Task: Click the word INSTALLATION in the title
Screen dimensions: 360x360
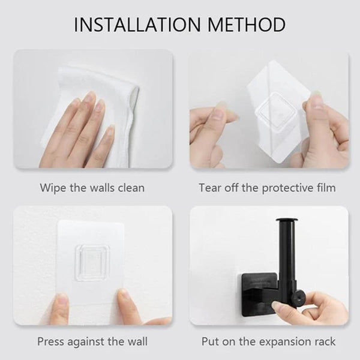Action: click(x=137, y=25)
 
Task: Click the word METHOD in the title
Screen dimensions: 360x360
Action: click(x=247, y=25)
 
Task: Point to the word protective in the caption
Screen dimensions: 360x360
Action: click(x=287, y=188)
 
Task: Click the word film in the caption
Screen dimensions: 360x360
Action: click(x=326, y=187)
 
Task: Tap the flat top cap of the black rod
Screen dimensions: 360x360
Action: click(x=287, y=221)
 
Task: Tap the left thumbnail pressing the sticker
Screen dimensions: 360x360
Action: click(x=61, y=300)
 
